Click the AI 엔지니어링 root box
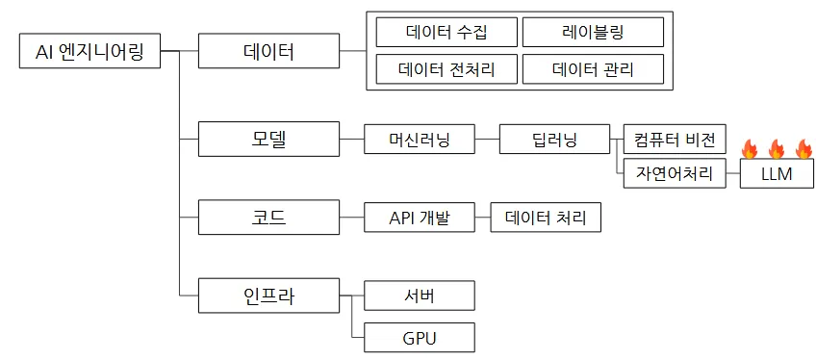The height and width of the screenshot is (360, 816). [x=89, y=51]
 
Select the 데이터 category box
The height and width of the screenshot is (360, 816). [x=268, y=51]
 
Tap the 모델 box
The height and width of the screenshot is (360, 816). [x=268, y=139]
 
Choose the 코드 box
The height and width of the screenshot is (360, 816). [x=268, y=217]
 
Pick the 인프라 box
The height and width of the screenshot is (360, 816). [x=268, y=296]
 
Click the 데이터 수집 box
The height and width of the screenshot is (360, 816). [x=446, y=33]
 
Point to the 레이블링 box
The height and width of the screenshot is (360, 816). [x=594, y=33]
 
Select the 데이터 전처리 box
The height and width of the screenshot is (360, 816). [x=446, y=68]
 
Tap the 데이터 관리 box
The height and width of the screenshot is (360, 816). [x=594, y=68]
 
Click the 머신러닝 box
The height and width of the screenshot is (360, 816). [x=420, y=139]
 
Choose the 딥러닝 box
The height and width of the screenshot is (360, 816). [x=555, y=139]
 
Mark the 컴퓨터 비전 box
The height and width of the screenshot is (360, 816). [x=675, y=139]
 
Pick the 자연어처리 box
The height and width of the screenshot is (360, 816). [x=675, y=173]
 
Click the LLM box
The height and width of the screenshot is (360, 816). [x=777, y=173]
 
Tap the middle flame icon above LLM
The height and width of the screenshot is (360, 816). [x=776, y=149]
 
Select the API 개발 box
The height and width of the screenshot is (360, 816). [x=420, y=218]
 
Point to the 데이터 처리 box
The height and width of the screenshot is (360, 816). [x=546, y=218]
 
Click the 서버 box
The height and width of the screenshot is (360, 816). [x=420, y=296]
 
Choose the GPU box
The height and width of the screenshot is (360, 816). [x=420, y=338]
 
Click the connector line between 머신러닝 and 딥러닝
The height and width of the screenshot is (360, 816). [x=487, y=139]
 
